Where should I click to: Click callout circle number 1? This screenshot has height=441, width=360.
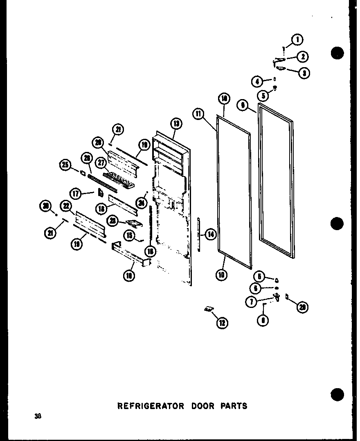tap(297, 40)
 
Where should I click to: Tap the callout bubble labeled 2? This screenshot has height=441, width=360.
tap(303, 57)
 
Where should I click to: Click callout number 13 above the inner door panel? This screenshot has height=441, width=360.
tap(176, 123)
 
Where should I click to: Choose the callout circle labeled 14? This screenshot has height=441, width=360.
tap(211, 235)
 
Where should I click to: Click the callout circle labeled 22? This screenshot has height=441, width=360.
tap(65, 206)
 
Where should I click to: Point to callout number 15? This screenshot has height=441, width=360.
tap(130, 236)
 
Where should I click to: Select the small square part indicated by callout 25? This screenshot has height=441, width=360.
tap(83, 173)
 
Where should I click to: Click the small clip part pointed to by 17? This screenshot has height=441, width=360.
tap(99, 192)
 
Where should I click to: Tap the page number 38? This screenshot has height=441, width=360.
tap(38, 416)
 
